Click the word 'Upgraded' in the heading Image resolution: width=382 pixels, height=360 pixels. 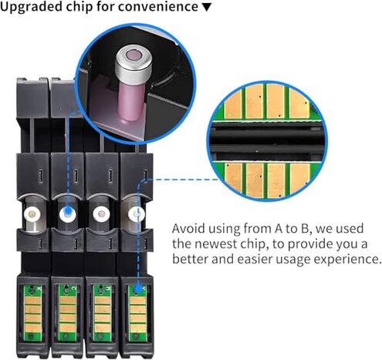coord(31,7)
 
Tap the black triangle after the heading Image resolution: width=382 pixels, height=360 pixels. coord(207,8)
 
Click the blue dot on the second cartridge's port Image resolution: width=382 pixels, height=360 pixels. coord(68,211)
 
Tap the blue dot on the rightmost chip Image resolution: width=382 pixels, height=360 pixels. coord(138,290)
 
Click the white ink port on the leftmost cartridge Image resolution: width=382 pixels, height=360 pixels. coord(32,214)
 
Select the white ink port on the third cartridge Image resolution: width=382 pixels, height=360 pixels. coord(101,214)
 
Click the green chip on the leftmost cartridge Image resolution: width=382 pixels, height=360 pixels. coord(33,313)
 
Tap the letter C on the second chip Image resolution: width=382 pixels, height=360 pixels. coord(73,288)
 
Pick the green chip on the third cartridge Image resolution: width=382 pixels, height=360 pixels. coord(102,313)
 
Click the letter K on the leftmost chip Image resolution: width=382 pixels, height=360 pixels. coord(39,288)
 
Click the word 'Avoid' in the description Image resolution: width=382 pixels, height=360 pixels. coord(188,228)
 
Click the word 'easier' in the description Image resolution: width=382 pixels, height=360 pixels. coord(255,259)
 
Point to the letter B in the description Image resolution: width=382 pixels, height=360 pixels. coord(304,228)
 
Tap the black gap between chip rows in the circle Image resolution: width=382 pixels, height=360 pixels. coord(267,140)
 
